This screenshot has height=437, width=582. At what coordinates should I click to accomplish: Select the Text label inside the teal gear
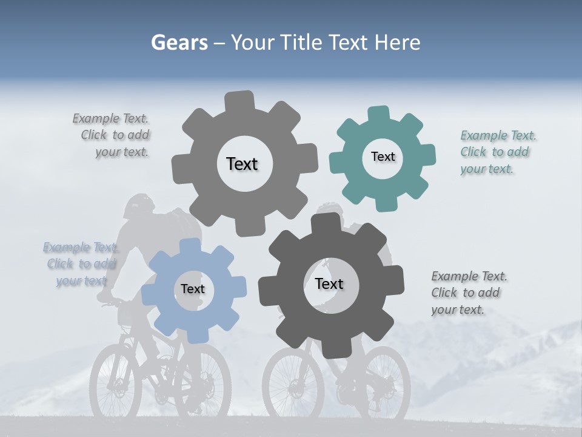pos(383,157)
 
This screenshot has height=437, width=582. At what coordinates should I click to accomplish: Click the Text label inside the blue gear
pos(193,289)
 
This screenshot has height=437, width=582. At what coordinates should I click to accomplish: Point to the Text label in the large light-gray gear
pos(242,164)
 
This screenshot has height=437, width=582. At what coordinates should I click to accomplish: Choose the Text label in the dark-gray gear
pos(329,283)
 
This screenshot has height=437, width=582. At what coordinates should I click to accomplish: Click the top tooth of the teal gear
pos(378,113)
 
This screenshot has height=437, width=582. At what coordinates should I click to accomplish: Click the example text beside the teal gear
pos(498,152)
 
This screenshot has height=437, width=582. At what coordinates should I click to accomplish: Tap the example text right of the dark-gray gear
pos(469,293)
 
